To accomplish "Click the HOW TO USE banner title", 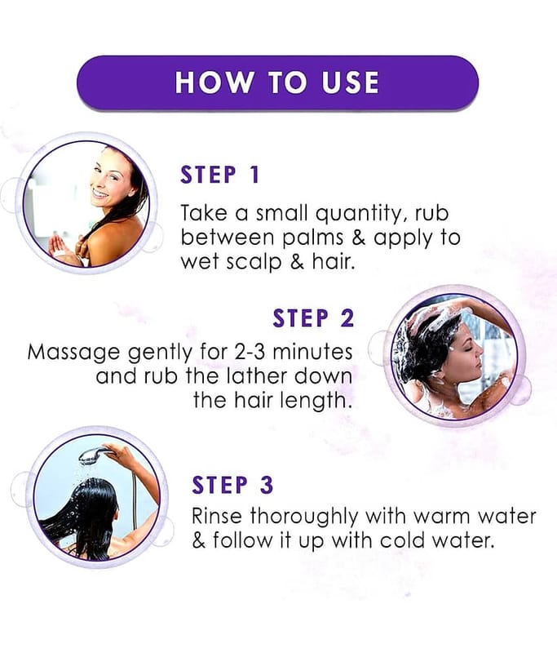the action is click(277, 82).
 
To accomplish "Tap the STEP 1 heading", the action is click(220, 175).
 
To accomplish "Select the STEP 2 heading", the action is click(313, 318).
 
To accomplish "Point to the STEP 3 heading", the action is click(232, 485).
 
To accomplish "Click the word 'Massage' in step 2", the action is click(73, 353).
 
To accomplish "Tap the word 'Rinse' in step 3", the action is click(217, 516).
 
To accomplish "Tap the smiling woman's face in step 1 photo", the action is click(110, 177).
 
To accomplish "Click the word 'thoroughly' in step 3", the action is click(303, 518).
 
